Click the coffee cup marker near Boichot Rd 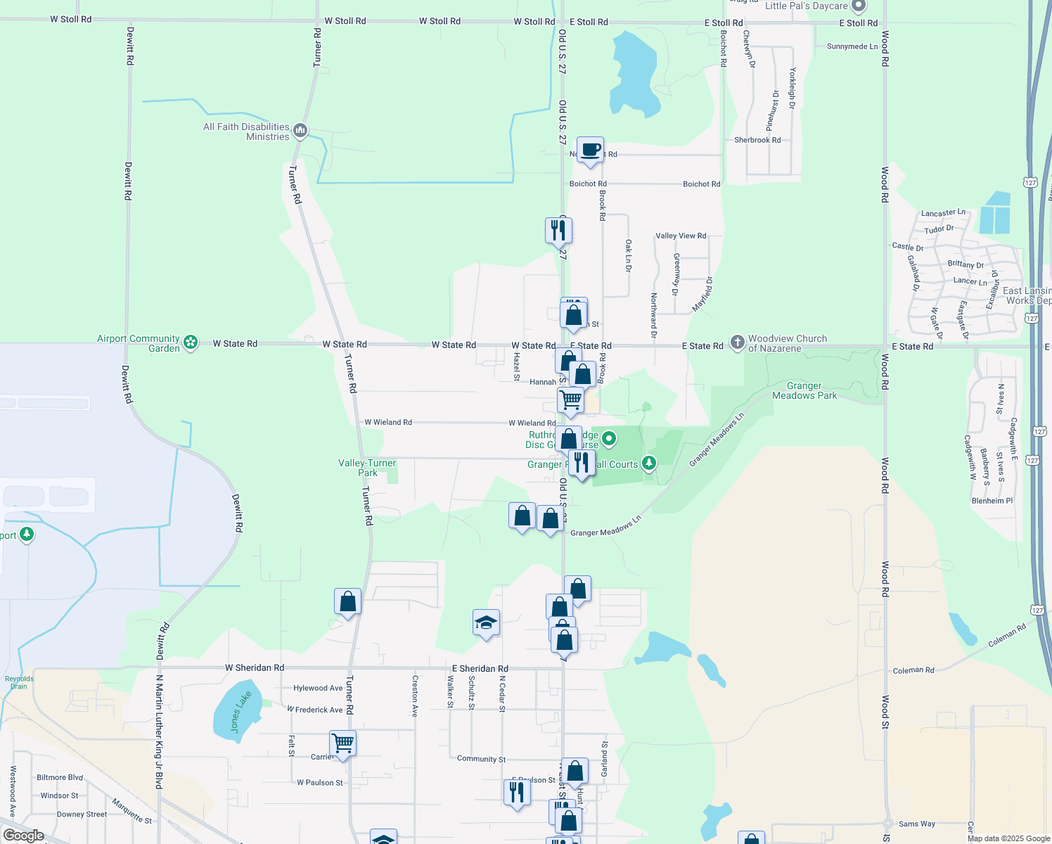point(591,150)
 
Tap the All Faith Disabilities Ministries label point(246,132)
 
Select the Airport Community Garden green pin point(191,343)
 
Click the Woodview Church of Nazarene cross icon point(737,343)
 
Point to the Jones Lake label point(240,712)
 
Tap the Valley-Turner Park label point(367,468)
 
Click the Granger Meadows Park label point(804,390)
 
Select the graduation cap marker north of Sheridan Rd point(486,622)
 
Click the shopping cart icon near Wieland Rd point(570,399)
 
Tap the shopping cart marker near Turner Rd point(342,743)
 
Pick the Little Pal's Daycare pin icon point(858,6)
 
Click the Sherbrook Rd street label point(757,140)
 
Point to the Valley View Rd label point(681,236)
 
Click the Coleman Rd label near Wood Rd point(913,670)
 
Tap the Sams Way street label point(917,824)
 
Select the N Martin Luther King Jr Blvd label point(160,731)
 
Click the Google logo point(23,835)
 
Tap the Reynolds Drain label point(19,682)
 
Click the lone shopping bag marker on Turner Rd point(347,601)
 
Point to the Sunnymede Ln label point(852,46)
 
